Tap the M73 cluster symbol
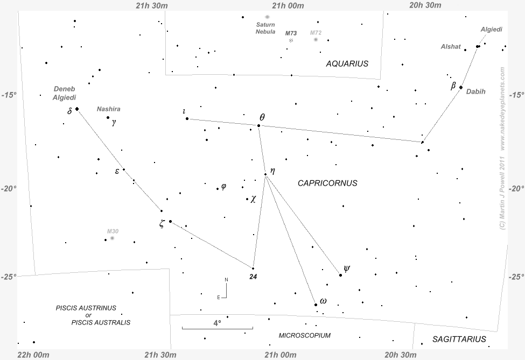[x=291, y=40]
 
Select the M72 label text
[x=316, y=33]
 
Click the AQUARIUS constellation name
[x=347, y=63]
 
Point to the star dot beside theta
[x=258, y=125]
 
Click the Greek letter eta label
[x=272, y=171]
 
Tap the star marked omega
[x=316, y=305]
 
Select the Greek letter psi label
[x=347, y=268]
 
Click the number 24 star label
[x=253, y=277]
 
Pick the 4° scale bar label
[x=217, y=323]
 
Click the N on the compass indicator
[x=227, y=279]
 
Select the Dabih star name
[x=475, y=91]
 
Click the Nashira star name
[x=108, y=109]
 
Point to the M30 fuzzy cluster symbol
[x=112, y=238]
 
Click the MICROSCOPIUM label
[x=305, y=335]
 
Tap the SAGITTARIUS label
[x=459, y=339]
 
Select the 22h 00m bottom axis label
[x=33, y=355]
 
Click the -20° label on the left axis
[x=9, y=188]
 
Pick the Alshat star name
[x=451, y=47]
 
